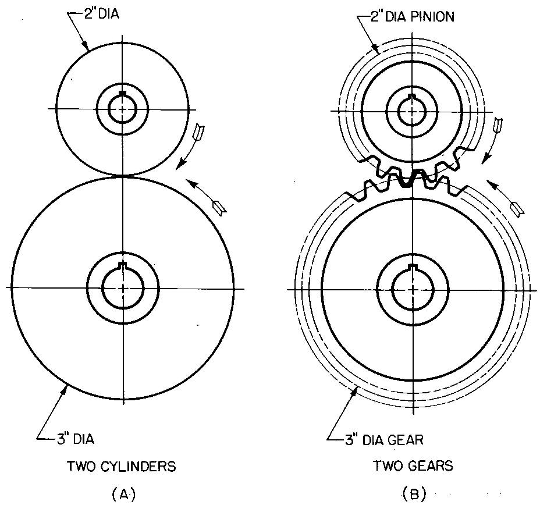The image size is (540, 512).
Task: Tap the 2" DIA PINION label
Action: pyautogui.click(x=413, y=16)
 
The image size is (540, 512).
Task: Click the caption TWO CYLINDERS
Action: pyautogui.click(x=122, y=466)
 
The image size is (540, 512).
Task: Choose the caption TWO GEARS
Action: pyautogui.click(x=413, y=466)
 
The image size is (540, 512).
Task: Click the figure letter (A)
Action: pyautogui.click(x=123, y=495)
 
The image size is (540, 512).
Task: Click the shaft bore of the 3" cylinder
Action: pyautogui.click(x=123, y=287)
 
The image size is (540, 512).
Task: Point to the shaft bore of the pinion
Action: pyautogui.click(x=413, y=110)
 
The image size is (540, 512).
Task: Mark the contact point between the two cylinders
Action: pyautogui.click(x=123, y=175)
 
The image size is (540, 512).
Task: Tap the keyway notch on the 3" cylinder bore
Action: pyautogui.click(x=122, y=266)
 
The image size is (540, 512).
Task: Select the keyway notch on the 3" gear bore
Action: pyautogui.click(x=413, y=267)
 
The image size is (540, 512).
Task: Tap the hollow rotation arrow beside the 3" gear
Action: pyautogui.click(x=517, y=207)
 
